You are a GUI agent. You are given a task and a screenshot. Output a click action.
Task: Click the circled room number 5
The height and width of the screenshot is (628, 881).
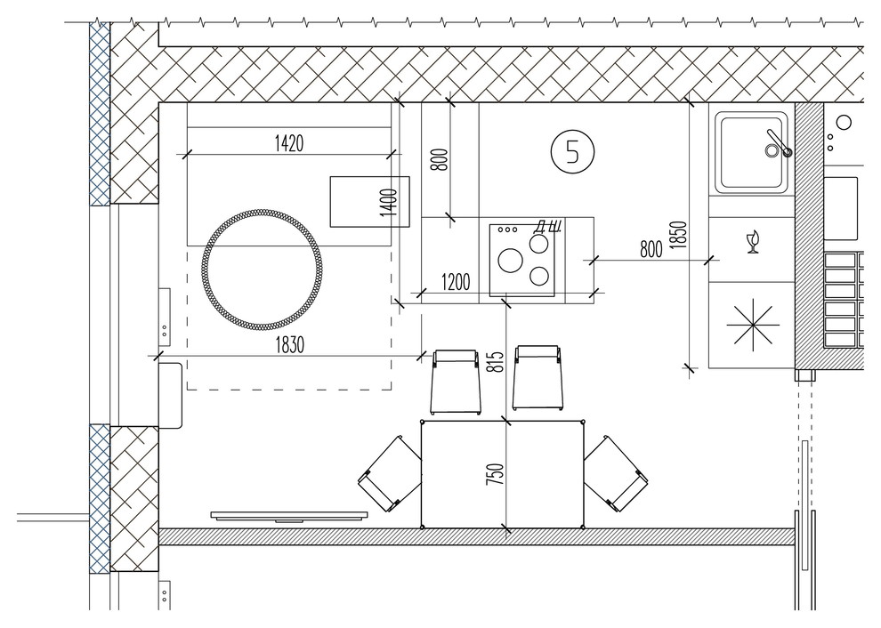pos(572,152)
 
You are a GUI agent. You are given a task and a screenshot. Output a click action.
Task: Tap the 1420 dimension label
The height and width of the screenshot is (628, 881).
pos(289,143)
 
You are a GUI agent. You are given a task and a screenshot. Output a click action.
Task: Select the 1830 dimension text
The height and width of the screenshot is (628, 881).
pos(289,345)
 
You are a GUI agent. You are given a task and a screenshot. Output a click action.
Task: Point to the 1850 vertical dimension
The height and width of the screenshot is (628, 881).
pos(679,235)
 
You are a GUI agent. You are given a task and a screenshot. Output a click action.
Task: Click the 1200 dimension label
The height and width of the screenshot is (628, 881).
pos(456,282)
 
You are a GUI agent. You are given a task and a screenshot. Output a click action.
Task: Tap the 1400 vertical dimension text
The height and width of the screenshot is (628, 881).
pos(388,202)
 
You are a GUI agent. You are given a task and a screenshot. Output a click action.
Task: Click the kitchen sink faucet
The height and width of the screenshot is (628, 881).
pos(778,144)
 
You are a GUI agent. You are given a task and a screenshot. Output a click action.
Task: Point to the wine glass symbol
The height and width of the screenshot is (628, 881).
pos(753,242)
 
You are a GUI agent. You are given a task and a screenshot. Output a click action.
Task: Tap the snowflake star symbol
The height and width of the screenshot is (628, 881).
pos(753,325)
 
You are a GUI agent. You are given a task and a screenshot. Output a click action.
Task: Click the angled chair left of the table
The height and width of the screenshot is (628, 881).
pos(390,473)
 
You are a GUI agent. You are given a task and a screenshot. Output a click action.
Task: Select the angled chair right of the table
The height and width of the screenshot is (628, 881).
pos(616,473)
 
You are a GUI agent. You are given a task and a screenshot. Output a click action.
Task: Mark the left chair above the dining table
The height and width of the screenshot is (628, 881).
pos(456,382)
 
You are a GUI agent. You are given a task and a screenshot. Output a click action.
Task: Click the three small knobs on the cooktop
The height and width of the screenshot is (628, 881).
pos(507,229)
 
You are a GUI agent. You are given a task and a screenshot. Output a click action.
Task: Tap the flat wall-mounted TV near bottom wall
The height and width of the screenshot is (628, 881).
pos(289,516)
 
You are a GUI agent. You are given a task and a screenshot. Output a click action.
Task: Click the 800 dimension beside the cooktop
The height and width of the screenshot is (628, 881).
pos(651,249)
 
